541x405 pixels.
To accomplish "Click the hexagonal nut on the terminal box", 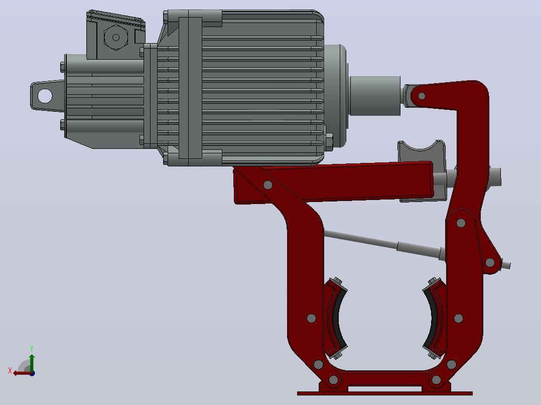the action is pos(116,37).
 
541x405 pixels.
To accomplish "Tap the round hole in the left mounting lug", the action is pos(45,96).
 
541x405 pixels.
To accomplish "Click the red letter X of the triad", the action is pos(10,371).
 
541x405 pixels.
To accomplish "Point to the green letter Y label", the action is pos(32,348).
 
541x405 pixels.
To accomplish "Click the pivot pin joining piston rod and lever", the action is pos(422,96).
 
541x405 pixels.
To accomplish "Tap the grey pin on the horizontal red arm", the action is pos(268,185).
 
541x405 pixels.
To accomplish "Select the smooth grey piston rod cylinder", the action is pos(375,96).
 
